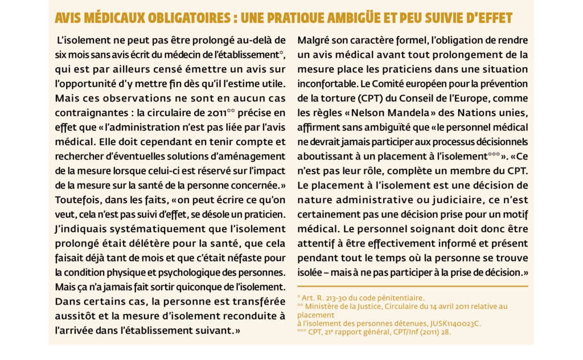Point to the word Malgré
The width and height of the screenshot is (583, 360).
click(x=314, y=40)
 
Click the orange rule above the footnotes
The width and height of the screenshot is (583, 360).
click(x=412, y=286)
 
